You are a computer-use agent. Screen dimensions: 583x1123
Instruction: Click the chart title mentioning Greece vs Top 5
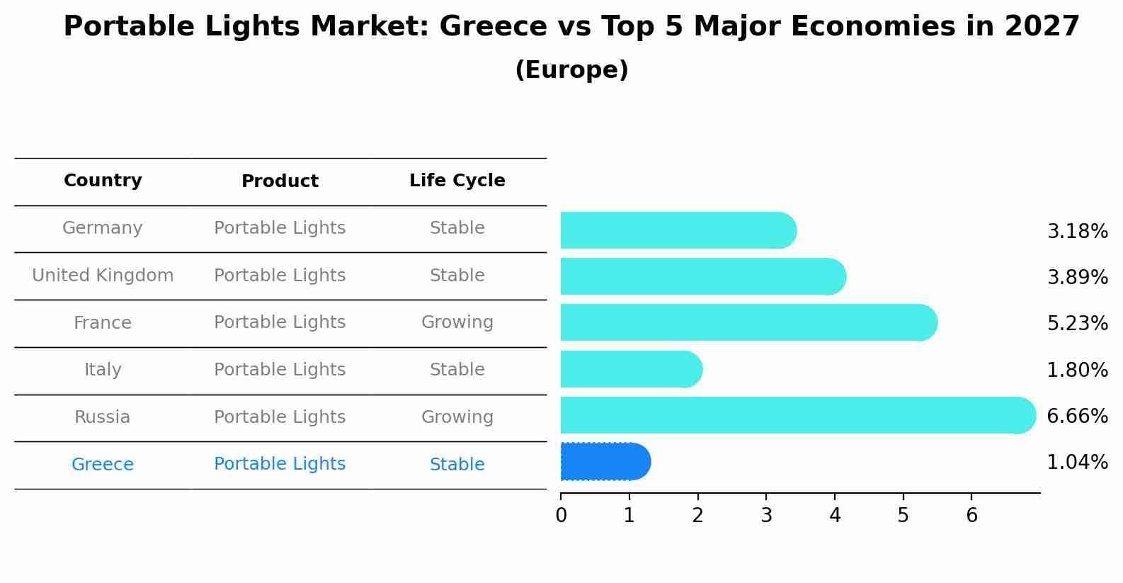click(571, 27)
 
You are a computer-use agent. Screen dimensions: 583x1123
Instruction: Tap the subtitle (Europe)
click(571, 70)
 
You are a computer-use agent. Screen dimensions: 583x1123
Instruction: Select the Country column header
click(103, 181)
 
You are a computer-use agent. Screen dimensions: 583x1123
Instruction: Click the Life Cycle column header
click(457, 181)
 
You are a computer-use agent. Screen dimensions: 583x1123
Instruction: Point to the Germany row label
click(103, 228)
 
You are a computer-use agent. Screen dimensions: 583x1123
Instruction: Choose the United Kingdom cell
click(103, 276)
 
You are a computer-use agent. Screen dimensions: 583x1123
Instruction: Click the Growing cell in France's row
click(457, 322)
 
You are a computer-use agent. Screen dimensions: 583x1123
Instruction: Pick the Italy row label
click(103, 370)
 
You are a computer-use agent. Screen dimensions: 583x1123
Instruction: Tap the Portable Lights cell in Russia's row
click(280, 417)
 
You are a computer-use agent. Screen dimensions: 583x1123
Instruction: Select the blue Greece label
click(103, 465)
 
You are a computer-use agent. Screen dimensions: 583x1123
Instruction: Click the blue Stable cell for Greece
click(457, 465)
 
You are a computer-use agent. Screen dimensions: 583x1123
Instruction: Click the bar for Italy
click(630, 369)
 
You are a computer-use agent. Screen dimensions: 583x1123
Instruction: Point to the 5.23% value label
click(1077, 324)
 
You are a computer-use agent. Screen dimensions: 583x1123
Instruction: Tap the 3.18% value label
click(1077, 232)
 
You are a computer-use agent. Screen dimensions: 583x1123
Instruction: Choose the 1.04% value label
click(1077, 463)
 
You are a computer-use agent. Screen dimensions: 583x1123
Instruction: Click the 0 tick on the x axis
click(561, 516)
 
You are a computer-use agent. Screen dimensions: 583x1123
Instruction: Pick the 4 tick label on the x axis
click(835, 516)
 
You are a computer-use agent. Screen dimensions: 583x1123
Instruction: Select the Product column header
click(280, 181)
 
